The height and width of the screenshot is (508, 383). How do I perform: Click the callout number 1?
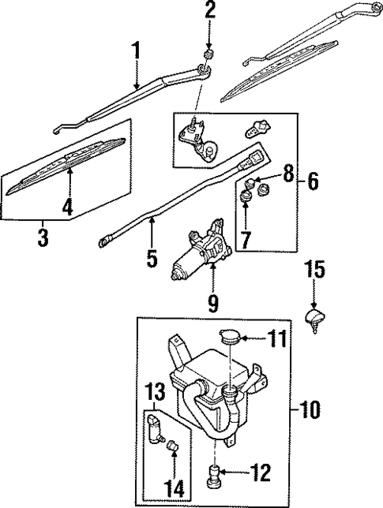[137, 52]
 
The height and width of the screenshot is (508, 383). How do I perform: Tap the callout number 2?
[209, 11]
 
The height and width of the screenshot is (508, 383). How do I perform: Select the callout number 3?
[43, 237]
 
